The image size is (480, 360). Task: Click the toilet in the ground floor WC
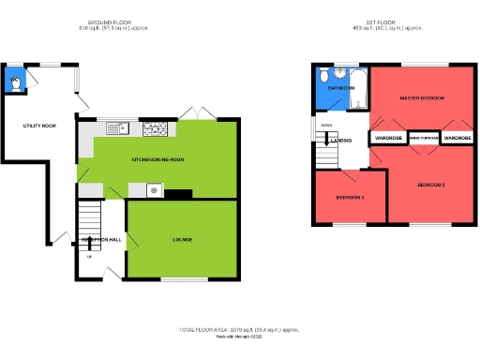pyautogui.click(x=15, y=82)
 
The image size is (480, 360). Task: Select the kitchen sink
pyautogui.click(x=115, y=127)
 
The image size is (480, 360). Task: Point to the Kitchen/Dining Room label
pyautogui.click(x=157, y=160)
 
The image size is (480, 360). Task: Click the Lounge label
pyautogui.click(x=182, y=240)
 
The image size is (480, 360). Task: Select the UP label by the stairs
pyautogui.click(x=90, y=256)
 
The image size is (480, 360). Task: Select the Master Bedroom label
pyautogui.click(x=421, y=97)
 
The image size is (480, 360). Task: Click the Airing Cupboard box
pyautogui.click(x=423, y=138)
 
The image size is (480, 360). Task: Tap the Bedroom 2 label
pyautogui.click(x=431, y=185)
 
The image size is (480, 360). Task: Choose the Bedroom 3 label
pyautogui.click(x=350, y=198)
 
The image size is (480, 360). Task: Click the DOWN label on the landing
pyautogui.click(x=326, y=125)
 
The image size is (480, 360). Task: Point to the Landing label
pyautogui.click(x=340, y=142)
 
